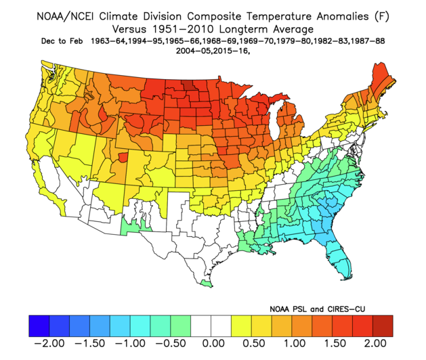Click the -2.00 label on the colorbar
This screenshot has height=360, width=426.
[x=49, y=343]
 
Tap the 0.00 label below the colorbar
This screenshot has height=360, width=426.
[x=213, y=343]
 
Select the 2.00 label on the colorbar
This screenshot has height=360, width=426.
[x=375, y=343]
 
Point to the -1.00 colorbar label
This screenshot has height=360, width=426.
[x=130, y=343]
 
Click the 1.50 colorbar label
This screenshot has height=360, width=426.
[x=335, y=343]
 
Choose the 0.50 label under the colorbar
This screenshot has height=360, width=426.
[x=254, y=343]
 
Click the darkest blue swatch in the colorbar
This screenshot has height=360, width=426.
[x=39, y=326]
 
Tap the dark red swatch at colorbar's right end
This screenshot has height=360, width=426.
[x=383, y=326]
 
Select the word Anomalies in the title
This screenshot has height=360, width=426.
[x=343, y=16]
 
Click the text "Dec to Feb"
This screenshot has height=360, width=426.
[x=62, y=41]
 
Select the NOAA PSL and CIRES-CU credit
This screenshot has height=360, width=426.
[x=318, y=309]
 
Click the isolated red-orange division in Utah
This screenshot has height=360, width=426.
[x=123, y=157]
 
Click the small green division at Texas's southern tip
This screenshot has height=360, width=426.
[x=207, y=284]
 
